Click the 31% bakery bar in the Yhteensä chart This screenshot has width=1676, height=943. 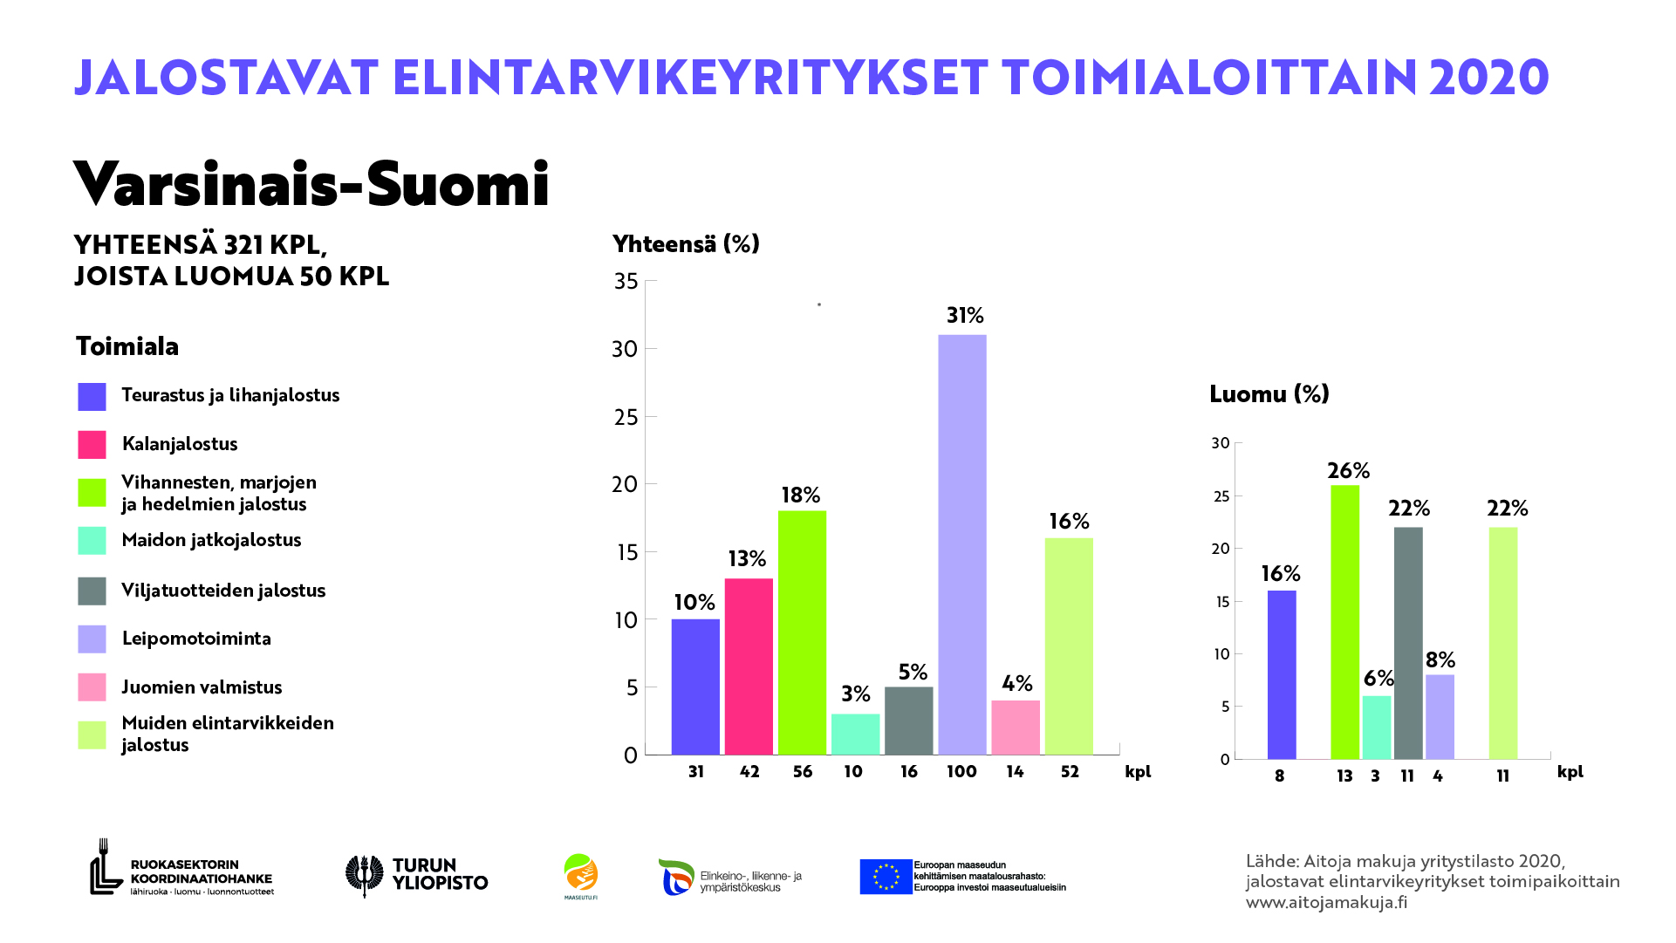click(x=961, y=544)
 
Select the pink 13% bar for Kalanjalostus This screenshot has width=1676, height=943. click(x=749, y=666)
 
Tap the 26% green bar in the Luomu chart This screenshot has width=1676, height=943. click(x=1344, y=622)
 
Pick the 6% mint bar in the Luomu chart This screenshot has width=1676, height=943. click(x=1376, y=728)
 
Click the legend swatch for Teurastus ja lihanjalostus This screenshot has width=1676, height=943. click(x=92, y=397)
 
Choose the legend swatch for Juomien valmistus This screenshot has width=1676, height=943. click(x=92, y=687)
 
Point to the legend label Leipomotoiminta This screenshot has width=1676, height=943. click(x=196, y=639)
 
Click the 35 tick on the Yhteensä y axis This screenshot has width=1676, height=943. click(x=626, y=281)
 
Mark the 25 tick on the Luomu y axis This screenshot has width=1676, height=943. click(x=1220, y=496)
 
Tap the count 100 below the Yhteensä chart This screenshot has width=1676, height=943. click(x=961, y=772)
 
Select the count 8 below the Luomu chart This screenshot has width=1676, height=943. click(x=1279, y=776)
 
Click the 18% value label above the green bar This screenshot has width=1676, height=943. click(x=800, y=495)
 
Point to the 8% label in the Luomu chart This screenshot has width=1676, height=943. click(x=1440, y=660)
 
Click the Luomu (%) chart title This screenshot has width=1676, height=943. click(x=1269, y=394)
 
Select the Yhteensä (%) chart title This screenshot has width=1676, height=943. click(x=686, y=244)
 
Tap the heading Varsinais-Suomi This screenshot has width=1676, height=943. click(x=311, y=184)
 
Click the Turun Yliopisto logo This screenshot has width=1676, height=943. click(x=416, y=875)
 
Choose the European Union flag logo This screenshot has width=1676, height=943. click(x=886, y=877)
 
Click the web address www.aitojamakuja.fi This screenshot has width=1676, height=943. click(x=1326, y=903)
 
